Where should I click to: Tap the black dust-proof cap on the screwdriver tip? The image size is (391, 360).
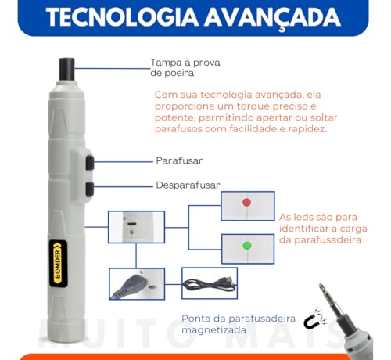(x=66, y=68)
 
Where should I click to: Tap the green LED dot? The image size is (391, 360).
(x=246, y=246)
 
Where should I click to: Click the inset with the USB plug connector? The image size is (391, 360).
(x=135, y=283)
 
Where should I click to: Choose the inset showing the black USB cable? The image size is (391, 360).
(x=209, y=283)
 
